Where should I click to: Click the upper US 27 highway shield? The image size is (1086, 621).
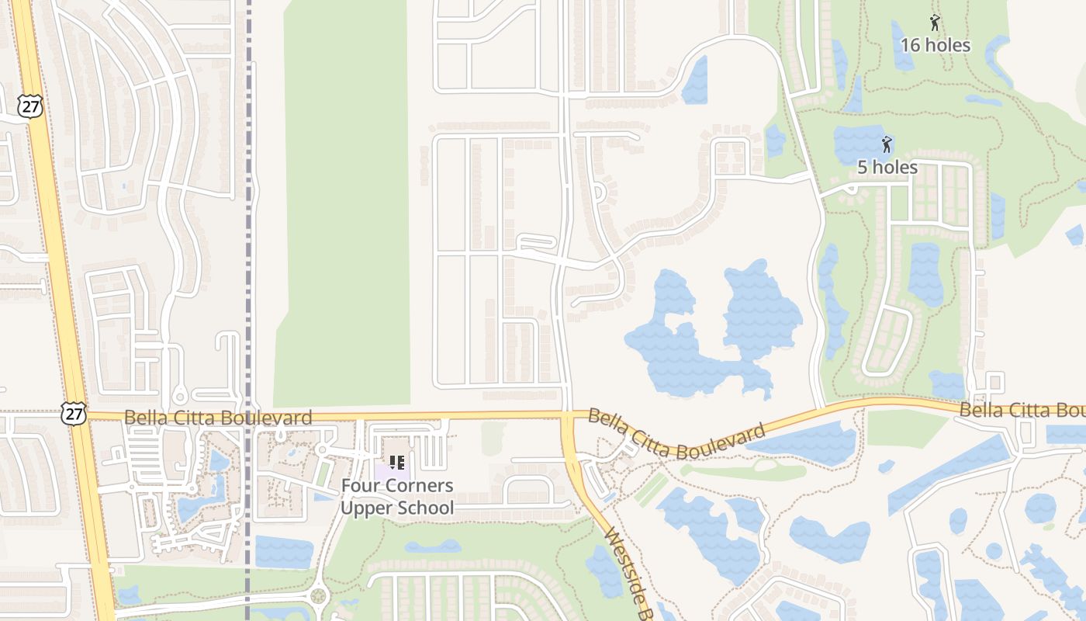[31, 107]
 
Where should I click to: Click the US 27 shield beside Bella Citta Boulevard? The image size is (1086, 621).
[74, 414]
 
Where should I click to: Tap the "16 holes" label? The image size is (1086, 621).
[935, 45]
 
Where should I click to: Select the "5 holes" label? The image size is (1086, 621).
[887, 167]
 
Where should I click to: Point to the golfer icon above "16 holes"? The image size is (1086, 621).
[934, 23]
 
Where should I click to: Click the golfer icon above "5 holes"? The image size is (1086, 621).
[887, 144]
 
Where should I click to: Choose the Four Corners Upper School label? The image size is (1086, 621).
[397, 497]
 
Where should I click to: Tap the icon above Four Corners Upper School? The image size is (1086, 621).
[397, 463]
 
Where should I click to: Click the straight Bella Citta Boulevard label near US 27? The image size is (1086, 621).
[218, 418]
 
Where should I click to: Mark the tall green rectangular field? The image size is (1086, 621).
[343, 202]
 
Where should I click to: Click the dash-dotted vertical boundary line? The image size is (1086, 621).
[248, 233]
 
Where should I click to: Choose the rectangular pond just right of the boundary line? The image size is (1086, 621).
[284, 552]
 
